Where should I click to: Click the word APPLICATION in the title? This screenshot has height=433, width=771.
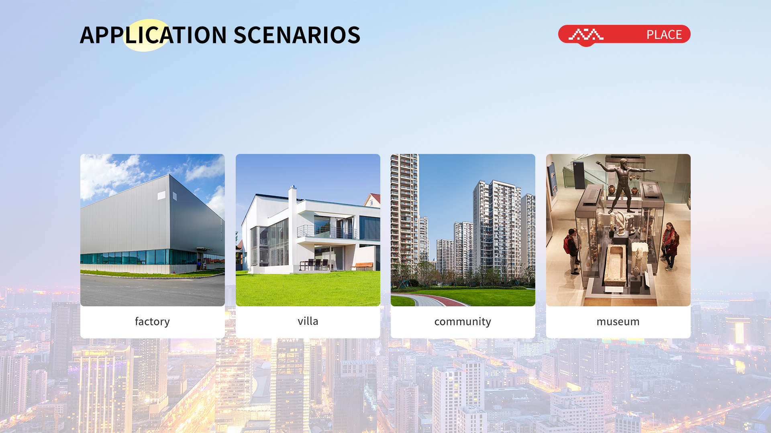click(x=153, y=35)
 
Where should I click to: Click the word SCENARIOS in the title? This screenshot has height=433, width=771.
click(x=297, y=35)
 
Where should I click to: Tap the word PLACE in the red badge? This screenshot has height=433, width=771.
click(x=664, y=35)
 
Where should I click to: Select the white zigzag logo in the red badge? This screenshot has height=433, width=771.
click(x=586, y=35)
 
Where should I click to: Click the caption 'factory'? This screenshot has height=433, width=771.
click(x=152, y=322)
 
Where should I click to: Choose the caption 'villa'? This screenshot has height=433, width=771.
click(x=308, y=321)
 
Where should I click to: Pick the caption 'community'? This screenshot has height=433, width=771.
click(x=463, y=322)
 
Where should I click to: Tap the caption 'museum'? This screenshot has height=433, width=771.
click(x=618, y=322)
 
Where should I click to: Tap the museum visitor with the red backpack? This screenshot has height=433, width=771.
click(x=572, y=251)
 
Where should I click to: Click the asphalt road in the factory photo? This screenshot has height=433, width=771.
click(x=153, y=291)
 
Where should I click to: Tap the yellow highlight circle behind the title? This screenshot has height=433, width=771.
click(x=146, y=35)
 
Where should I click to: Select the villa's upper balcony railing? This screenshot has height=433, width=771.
click(x=327, y=231)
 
